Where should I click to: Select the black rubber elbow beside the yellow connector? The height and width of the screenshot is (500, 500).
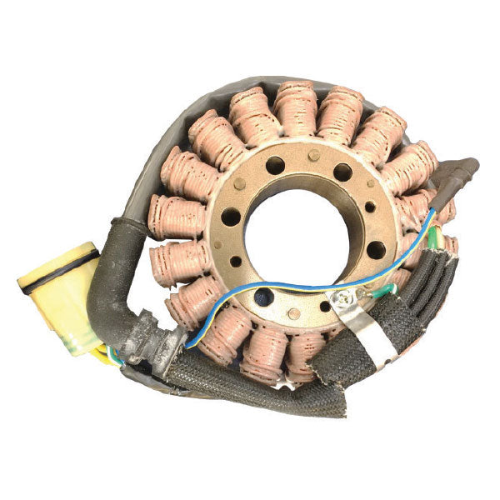[x=117, y=275]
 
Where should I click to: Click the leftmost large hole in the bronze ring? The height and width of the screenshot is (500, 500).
[x=231, y=218]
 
